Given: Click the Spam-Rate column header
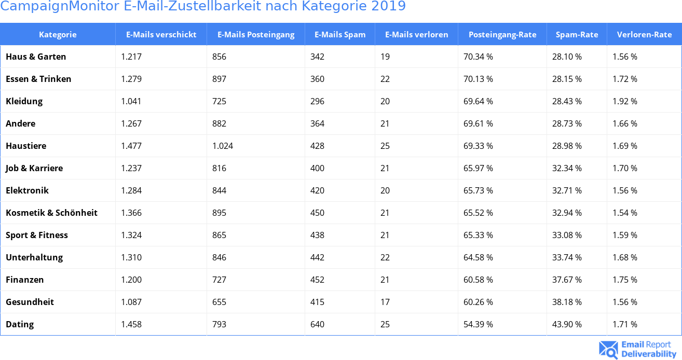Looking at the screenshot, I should [x=577, y=35].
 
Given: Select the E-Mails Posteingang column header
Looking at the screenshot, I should [x=255, y=35].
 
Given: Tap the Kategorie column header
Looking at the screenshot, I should [x=58, y=35].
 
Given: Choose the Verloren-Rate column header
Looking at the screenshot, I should [x=644, y=35].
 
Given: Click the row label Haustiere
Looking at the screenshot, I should [x=26, y=146].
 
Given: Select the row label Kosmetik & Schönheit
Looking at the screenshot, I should [x=51, y=213].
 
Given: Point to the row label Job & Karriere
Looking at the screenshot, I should [x=34, y=168].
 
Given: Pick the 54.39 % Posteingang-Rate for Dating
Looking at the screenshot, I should [x=478, y=324].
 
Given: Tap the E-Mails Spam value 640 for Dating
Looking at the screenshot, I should [x=317, y=324].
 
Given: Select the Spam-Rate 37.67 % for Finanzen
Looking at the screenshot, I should [x=567, y=280].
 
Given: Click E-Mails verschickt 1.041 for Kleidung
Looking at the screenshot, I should [x=131, y=101].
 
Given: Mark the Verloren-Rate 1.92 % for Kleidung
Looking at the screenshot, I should [x=625, y=101].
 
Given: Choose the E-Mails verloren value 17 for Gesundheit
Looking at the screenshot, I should [x=385, y=302].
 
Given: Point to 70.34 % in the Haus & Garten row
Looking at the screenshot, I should [x=478, y=57].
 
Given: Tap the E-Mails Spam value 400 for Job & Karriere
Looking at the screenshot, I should [x=317, y=168].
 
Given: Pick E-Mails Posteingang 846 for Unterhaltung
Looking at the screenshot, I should [x=219, y=257].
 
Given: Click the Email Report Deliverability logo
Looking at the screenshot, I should [x=638, y=349].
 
